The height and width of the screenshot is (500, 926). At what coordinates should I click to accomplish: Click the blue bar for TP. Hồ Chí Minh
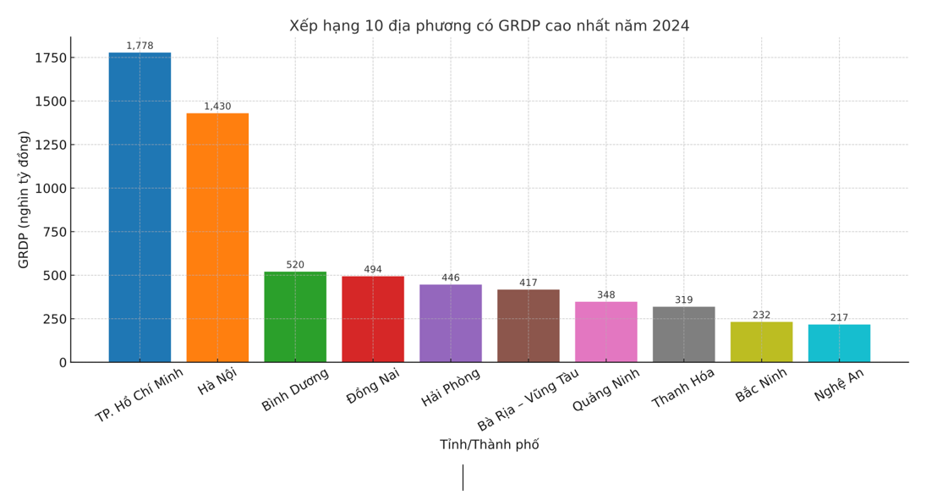click(x=140, y=207)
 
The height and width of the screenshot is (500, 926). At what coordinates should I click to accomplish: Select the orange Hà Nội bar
click(x=217, y=238)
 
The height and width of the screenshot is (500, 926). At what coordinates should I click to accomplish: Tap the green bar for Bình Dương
click(x=295, y=316)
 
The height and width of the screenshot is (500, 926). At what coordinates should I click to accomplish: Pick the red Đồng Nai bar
click(x=373, y=319)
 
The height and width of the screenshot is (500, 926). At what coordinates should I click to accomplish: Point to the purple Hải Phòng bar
click(x=451, y=323)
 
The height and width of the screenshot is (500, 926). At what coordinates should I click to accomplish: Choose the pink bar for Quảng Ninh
click(x=606, y=332)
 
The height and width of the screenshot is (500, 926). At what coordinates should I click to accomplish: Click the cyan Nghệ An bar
click(x=839, y=343)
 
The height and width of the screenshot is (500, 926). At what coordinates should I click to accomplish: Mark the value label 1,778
click(x=140, y=46)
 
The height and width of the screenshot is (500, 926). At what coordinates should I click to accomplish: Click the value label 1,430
click(x=217, y=107)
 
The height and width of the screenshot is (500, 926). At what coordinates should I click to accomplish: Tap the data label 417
click(x=529, y=283)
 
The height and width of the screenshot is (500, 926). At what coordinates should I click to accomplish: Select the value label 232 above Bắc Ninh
click(x=761, y=315)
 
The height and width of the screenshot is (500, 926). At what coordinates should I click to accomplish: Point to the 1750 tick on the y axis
click(x=50, y=58)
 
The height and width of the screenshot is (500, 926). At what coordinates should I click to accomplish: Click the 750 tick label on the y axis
click(x=53, y=232)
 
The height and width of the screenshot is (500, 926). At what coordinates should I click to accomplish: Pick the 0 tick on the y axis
click(x=62, y=362)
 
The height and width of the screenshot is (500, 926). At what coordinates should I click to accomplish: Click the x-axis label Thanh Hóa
click(x=683, y=388)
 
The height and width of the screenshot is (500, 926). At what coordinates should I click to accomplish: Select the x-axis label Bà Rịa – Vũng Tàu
click(x=529, y=399)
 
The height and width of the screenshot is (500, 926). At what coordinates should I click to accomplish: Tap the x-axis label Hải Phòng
click(x=451, y=387)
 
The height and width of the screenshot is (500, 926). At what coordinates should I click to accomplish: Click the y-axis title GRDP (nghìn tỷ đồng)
click(x=24, y=200)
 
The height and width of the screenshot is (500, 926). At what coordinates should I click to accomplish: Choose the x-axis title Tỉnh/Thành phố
click(x=489, y=444)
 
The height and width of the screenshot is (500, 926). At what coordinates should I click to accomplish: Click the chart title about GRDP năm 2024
click(x=489, y=25)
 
